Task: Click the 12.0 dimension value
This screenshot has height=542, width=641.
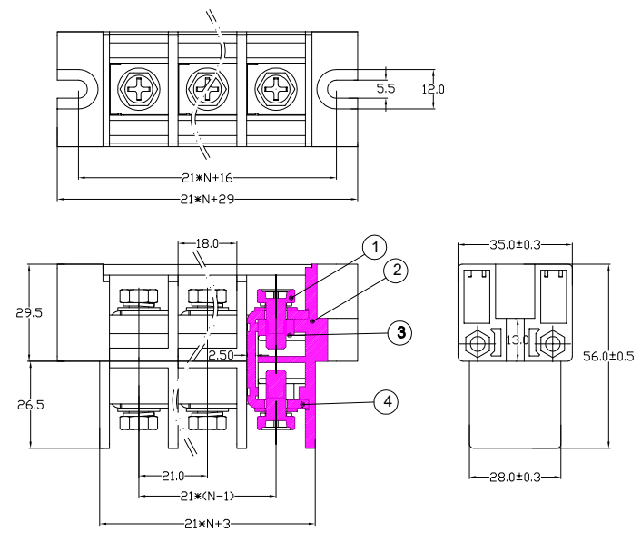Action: click(x=435, y=89)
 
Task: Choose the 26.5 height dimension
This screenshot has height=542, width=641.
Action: click(x=30, y=404)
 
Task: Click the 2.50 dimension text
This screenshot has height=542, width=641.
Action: click(x=222, y=355)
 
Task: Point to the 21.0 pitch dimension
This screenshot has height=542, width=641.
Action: click(x=172, y=475)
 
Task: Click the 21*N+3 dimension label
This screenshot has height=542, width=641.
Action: click(x=206, y=523)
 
